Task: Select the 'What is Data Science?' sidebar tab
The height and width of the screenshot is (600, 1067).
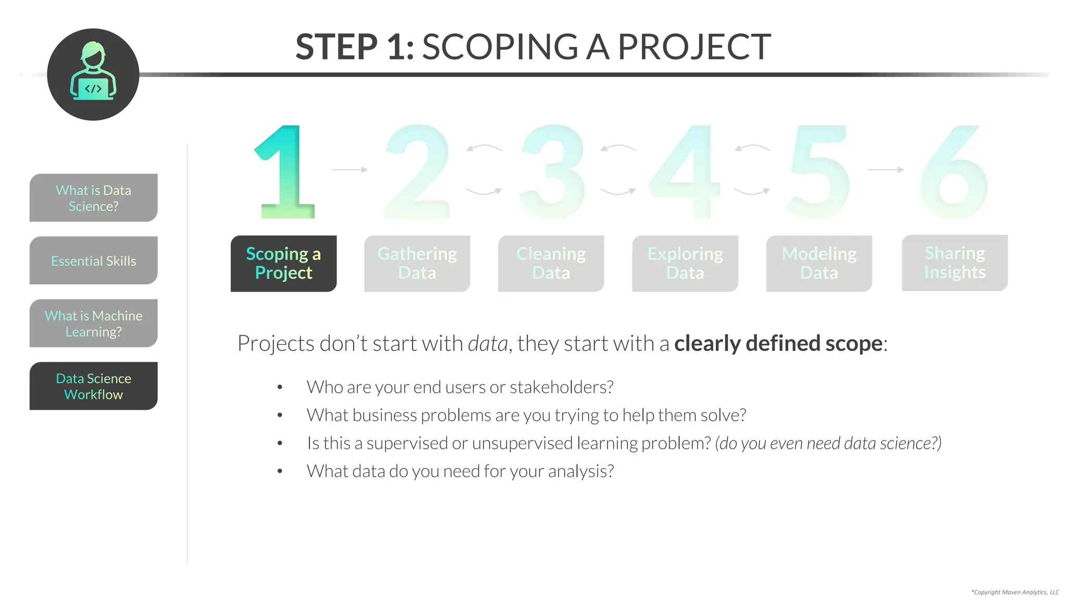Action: pyautogui.click(x=94, y=198)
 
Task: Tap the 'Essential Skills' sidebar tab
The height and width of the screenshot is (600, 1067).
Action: pyautogui.click(x=94, y=260)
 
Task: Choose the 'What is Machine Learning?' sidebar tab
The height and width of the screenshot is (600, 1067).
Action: pyautogui.click(x=94, y=323)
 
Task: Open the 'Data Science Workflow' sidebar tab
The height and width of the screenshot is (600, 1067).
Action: pyautogui.click(x=94, y=386)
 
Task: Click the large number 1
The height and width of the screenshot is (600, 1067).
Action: pyautogui.click(x=287, y=172)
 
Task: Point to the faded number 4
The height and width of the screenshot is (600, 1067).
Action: pyautogui.click(x=684, y=172)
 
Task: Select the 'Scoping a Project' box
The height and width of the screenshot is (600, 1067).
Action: pyautogui.click(x=283, y=264)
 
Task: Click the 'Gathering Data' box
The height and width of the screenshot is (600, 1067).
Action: pyautogui.click(x=417, y=264)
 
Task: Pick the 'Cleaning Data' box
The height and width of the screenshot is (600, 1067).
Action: pyautogui.click(x=551, y=264)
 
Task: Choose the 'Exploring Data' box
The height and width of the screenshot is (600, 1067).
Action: pyautogui.click(x=685, y=264)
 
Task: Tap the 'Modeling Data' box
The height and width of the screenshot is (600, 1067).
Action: pyautogui.click(x=819, y=264)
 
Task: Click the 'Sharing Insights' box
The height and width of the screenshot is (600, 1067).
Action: pyautogui.click(x=954, y=263)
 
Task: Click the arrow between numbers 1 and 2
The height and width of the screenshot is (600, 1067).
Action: pyautogui.click(x=350, y=170)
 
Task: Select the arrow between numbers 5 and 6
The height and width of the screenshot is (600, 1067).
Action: pyautogui.click(x=886, y=170)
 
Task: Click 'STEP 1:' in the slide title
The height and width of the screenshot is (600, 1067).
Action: pyautogui.click(x=355, y=47)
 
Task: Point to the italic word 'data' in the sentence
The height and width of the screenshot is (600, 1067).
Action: pyautogui.click(x=488, y=344)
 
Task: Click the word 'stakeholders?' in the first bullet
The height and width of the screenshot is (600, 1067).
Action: pyautogui.click(x=561, y=387)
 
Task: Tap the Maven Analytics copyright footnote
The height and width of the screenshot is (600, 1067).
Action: pyautogui.click(x=1015, y=592)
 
